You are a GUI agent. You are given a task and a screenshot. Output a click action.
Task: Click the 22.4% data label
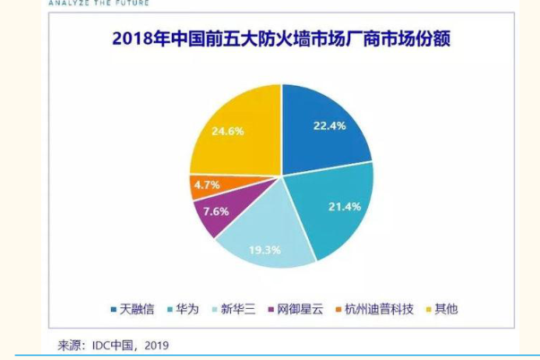click(x=324, y=125)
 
